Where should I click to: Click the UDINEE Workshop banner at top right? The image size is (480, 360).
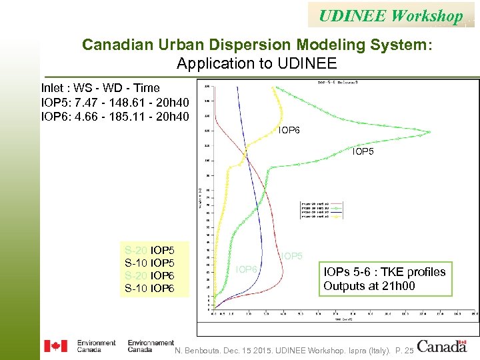click(391, 15)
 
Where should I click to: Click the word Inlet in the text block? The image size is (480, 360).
click(54, 88)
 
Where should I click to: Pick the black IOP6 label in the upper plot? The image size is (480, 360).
click(289, 130)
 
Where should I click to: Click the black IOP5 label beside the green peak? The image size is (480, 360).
click(363, 152)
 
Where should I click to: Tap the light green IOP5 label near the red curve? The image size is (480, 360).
click(291, 255)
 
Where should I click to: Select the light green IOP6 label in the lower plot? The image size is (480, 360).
click(247, 269)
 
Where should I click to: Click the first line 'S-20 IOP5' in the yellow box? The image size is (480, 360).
click(150, 251)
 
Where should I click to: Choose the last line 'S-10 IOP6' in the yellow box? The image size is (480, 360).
click(150, 289)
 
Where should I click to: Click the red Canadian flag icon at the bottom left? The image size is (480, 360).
click(55, 346)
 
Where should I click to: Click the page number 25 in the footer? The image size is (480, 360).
click(408, 351)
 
